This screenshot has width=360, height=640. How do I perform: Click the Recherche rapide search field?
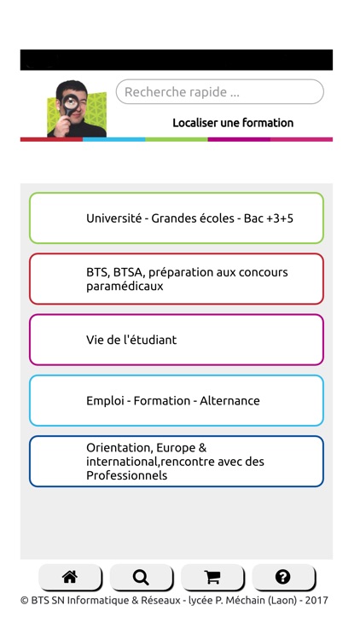pyautogui.click(x=219, y=92)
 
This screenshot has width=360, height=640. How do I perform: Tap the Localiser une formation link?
pyautogui.click(x=232, y=123)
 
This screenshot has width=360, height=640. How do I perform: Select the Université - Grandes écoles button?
pyautogui.click(x=177, y=218)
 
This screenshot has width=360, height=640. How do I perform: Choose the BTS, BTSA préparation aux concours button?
pyautogui.click(x=177, y=279)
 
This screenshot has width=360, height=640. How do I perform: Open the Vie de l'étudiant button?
pyautogui.click(x=177, y=340)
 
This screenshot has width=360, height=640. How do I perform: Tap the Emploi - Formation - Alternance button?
pyautogui.click(x=177, y=400)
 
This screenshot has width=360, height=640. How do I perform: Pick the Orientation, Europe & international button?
pyautogui.click(x=177, y=461)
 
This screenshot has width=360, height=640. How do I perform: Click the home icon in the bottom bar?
pyautogui.click(x=70, y=578)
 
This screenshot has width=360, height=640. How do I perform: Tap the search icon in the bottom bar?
pyautogui.click(x=141, y=578)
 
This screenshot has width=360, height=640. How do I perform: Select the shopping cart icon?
pyautogui.click(x=212, y=578)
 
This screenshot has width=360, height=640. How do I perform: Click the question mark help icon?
pyautogui.click(x=283, y=578)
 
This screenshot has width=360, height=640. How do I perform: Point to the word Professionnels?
pyautogui.click(x=126, y=475)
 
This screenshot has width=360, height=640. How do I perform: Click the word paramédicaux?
pyautogui.click(x=125, y=287)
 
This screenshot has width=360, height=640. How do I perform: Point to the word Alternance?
pyautogui.click(x=229, y=400)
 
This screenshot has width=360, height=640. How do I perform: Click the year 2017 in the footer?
pyautogui.click(x=316, y=600)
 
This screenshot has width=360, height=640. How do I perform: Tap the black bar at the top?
pyautogui.click(x=177, y=60)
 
